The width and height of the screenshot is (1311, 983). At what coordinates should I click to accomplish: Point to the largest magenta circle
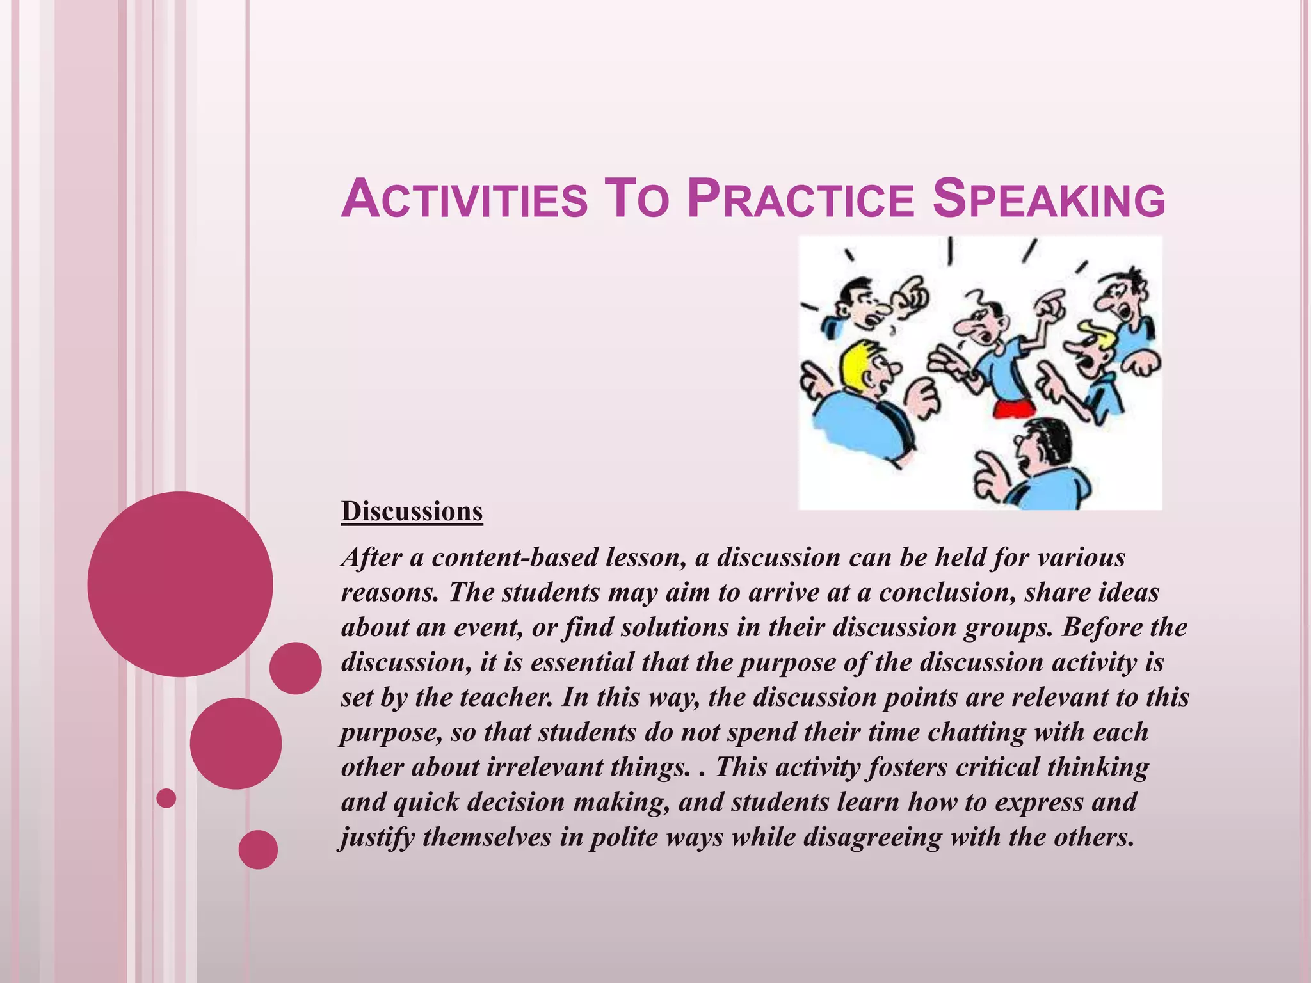tap(180, 584)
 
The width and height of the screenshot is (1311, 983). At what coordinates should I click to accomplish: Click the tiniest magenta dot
tap(166, 798)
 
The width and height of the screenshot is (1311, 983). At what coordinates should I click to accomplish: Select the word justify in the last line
tap(377, 838)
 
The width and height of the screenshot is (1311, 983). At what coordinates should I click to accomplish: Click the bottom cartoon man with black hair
tap(1037, 461)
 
